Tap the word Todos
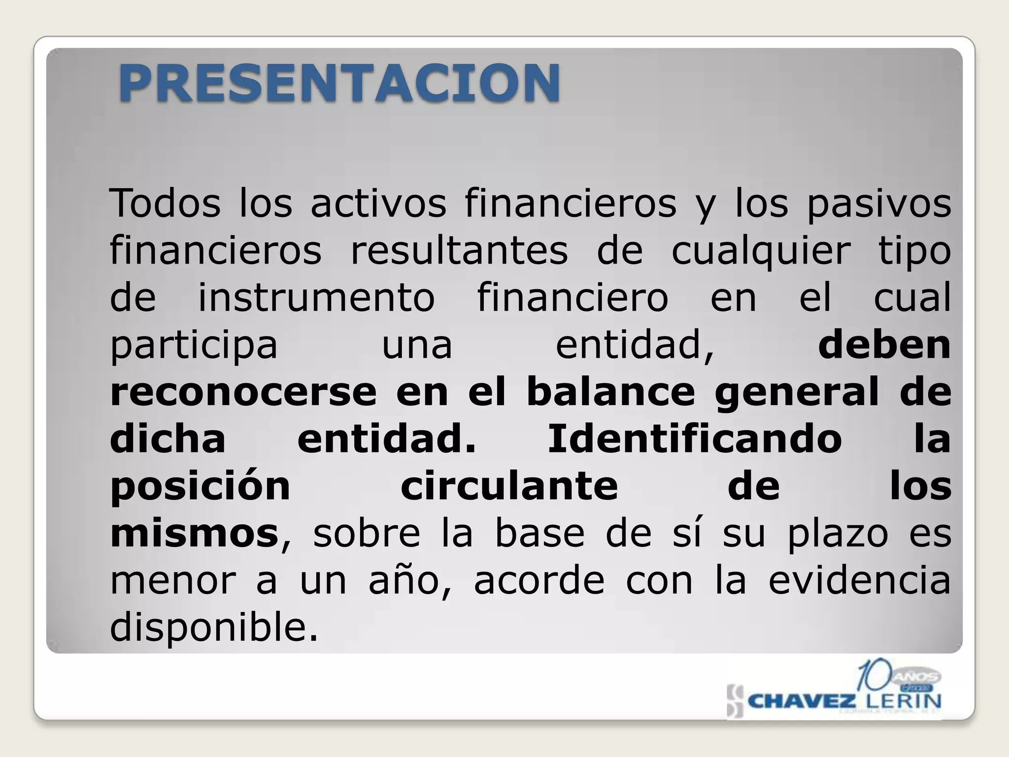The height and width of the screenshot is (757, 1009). [165, 203]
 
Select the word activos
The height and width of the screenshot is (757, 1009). [378, 203]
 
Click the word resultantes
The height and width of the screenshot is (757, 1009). [459, 250]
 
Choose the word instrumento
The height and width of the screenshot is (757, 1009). [316, 297]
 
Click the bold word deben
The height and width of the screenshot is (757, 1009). [884, 344]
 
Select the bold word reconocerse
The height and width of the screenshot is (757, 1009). [243, 392]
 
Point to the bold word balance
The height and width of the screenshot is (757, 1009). [610, 392]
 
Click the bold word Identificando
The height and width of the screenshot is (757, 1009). [695, 439]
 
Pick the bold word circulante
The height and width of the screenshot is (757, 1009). [509, 486]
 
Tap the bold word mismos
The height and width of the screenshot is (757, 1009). [194, 533]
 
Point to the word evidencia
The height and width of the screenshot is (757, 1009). [859, 580]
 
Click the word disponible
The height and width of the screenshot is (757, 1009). [213, 627]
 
